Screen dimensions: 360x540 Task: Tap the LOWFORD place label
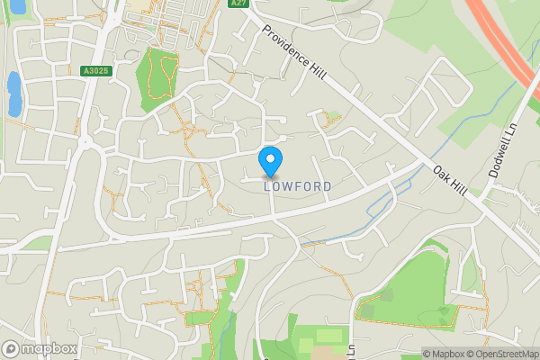pyautogui.click(x=298, y=186)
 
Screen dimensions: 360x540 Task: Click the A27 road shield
pyautogui.click(x=238, y=4)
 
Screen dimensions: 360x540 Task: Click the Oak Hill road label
pyautogui.click(x=450, y=177)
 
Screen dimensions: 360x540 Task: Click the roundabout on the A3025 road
pyautogui.click(x=87, y=142)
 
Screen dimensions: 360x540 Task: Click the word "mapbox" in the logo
pyautogui.click(x=49, y=348)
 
